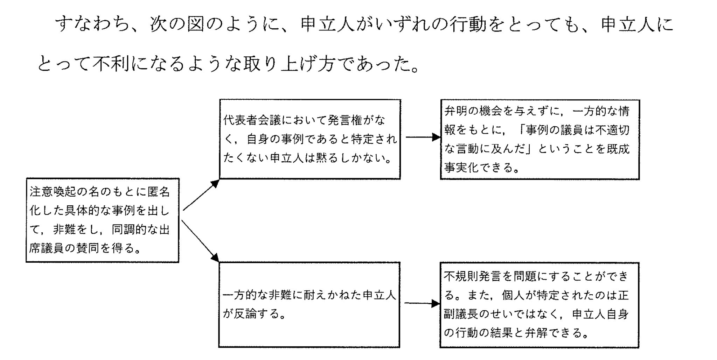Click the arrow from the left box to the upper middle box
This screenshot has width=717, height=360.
tap(201, 195)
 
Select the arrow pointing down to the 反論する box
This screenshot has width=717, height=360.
tap(200, 241)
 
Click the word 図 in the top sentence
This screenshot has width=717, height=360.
tap(195, 24)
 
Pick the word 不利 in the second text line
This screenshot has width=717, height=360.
tap(111, 64)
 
